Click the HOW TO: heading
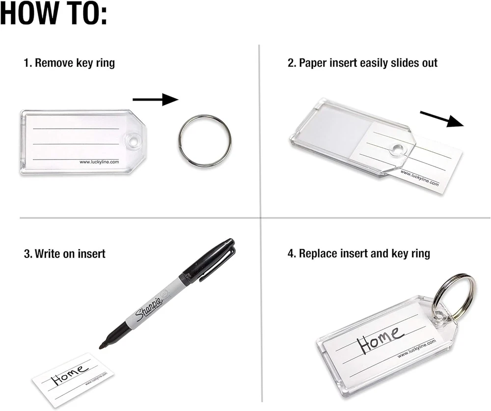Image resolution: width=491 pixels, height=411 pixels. point(54,13)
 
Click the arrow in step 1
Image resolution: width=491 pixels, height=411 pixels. point(155,100)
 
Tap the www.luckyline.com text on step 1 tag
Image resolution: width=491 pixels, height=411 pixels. point(99,162)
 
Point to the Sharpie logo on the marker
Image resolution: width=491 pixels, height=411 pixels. point(149,310)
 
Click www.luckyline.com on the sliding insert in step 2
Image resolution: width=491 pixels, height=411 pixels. point(420,178)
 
